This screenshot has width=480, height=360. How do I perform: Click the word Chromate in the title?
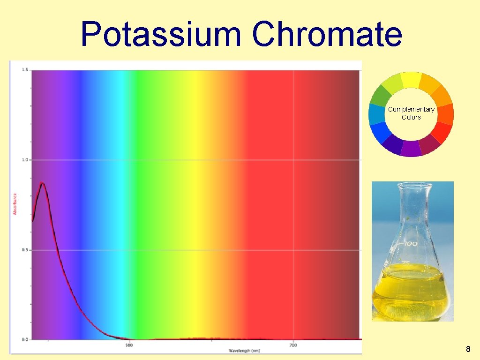tap(327, 35)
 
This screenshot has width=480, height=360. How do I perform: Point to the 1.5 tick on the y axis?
tap(24, 70)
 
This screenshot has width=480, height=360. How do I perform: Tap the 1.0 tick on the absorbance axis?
tap(24, 160)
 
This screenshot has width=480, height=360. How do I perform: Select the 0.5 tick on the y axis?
tap(24, 250)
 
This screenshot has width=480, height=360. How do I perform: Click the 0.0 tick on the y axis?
tap(24, 339)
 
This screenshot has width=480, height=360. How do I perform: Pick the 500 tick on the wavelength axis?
tap(129, 346)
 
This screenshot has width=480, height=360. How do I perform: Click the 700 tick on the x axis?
tap(293, 346)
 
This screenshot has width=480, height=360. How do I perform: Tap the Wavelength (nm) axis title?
tap(244, 351)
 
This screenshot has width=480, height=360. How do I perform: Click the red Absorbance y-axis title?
tap(15, 204)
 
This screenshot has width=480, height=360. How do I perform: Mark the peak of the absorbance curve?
tap(42, 183)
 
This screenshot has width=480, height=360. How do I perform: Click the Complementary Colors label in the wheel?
tap(411, 113)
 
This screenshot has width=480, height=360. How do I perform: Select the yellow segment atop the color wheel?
tap(411, 80)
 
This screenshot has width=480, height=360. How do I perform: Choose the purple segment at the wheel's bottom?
tap(411, 149)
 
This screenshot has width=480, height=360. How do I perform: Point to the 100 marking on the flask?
tap(411, 244)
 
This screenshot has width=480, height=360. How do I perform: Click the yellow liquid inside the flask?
tap(411, 293)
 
